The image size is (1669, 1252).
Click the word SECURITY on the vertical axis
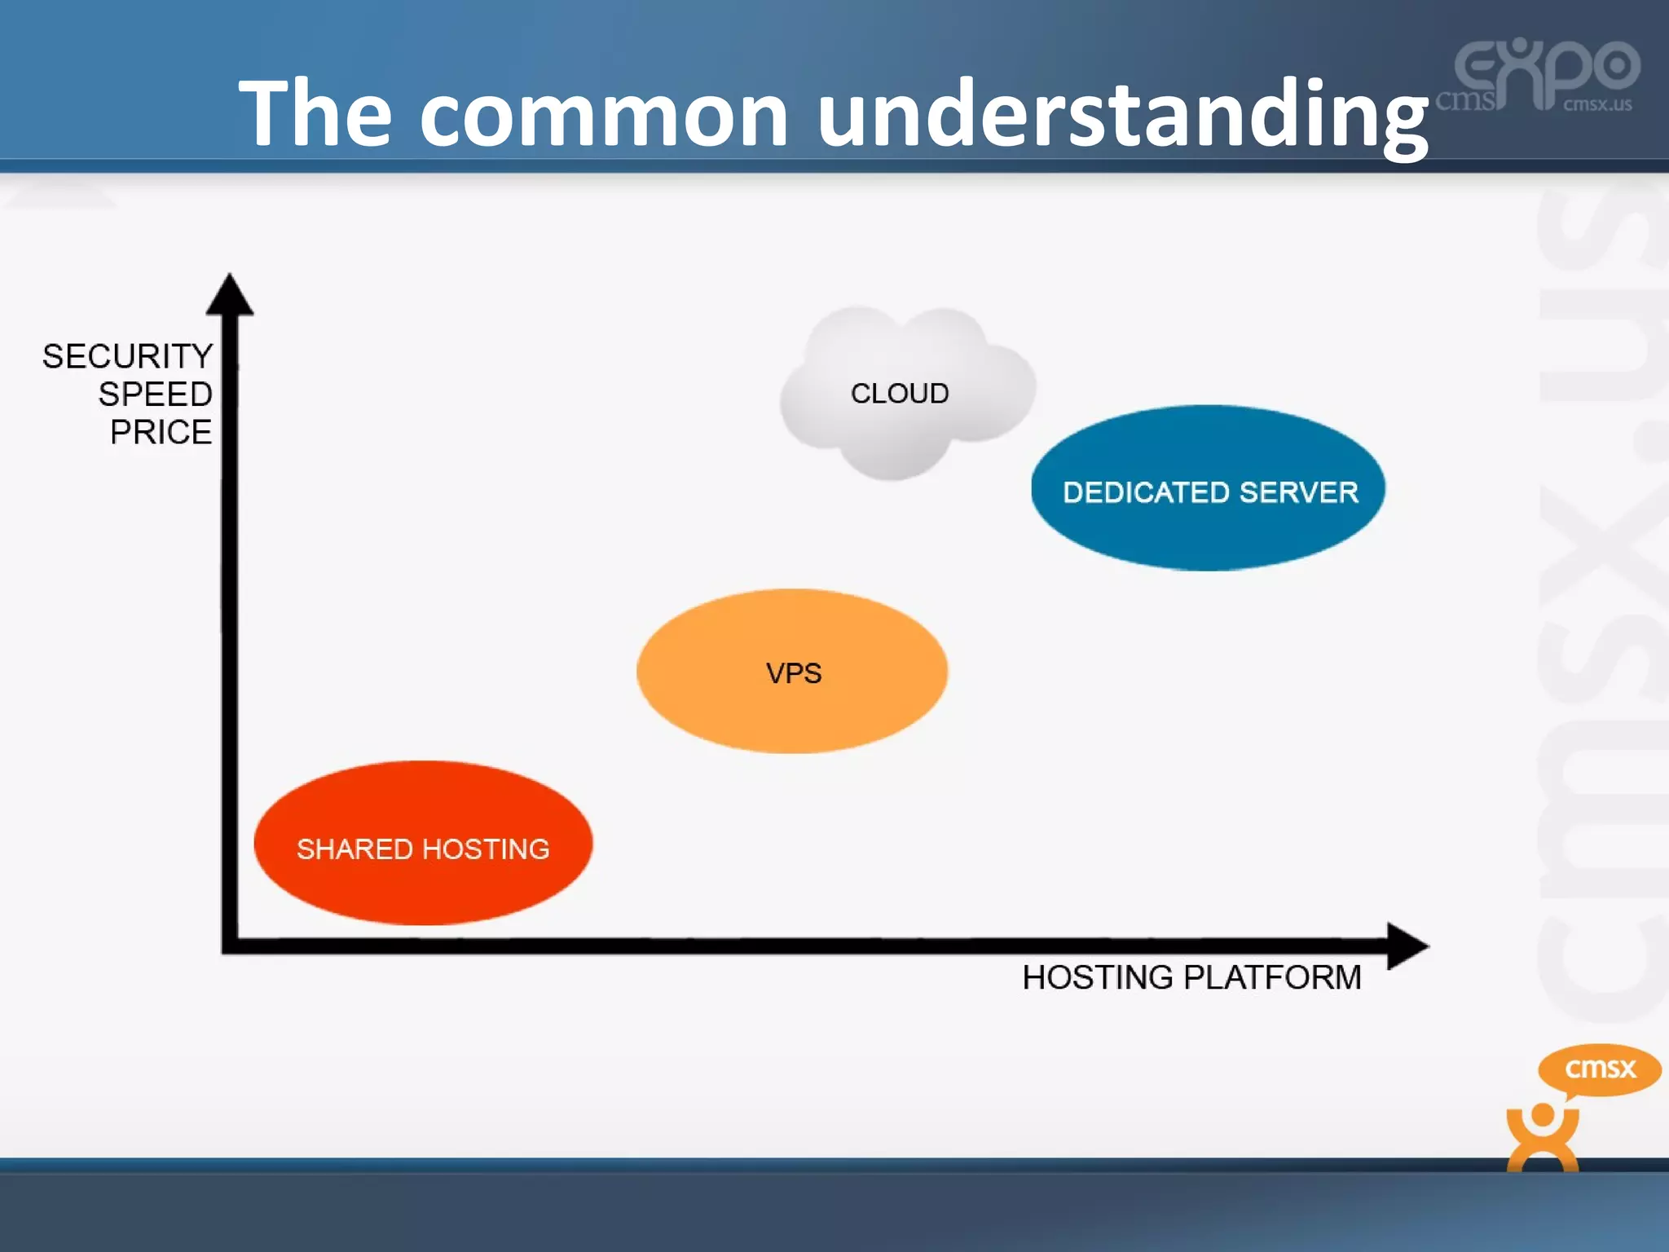coord(128,357)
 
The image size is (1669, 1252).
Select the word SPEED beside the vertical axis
coord(156,395)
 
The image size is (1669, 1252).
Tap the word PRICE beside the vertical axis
coord(161,432)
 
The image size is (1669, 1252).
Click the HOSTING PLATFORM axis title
coord(1191,977)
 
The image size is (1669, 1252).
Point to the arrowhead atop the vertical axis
coord(230,295)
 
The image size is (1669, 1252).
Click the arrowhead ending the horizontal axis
coord(1406,946)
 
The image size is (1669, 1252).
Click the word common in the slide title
coord(604,113)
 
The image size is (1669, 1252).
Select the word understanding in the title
coord(1122,113)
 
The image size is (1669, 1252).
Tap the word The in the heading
coord(315,113)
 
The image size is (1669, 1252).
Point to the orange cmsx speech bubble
coord(1599,1069)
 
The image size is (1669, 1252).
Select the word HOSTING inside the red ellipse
coord(486,849)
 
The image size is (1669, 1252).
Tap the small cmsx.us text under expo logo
coord(1596,105)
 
